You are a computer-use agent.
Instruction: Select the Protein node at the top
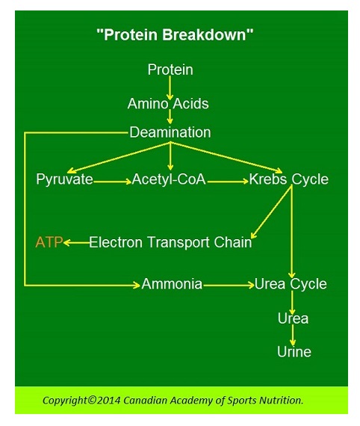coord(170,70)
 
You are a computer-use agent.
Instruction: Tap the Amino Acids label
coord(168,104)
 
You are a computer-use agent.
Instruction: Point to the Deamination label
coord(170,132)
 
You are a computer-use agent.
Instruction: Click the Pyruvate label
coord(64,179)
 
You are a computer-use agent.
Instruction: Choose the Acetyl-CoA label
coord(169,179)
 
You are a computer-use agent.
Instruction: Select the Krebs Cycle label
coord(288,179)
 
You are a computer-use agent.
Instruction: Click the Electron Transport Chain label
coord(170,242)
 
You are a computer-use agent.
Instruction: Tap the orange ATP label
coord(49,242)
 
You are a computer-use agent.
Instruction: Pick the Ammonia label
coord(172,285)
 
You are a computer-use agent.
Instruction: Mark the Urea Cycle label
coord(291,285)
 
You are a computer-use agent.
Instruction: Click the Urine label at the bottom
coord(294,351)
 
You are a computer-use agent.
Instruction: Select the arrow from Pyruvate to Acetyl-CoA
coord(113,180)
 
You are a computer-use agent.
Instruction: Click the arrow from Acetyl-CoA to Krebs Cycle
coord(227,180)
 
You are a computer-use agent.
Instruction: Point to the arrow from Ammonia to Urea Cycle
coord(229,285)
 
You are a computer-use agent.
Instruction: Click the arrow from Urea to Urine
coord(294,335)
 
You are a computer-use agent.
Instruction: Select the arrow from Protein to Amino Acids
coord(170,87)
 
